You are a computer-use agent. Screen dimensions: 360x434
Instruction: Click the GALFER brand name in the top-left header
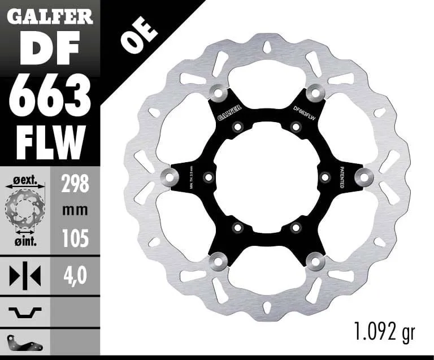[50, 16]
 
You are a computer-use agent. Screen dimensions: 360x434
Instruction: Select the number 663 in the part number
[50, 96]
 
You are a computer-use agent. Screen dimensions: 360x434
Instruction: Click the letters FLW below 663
[50, 142]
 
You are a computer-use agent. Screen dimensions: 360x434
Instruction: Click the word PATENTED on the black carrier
[344, 177]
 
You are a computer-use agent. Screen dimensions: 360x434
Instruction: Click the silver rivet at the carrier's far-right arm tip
[365, 177]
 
